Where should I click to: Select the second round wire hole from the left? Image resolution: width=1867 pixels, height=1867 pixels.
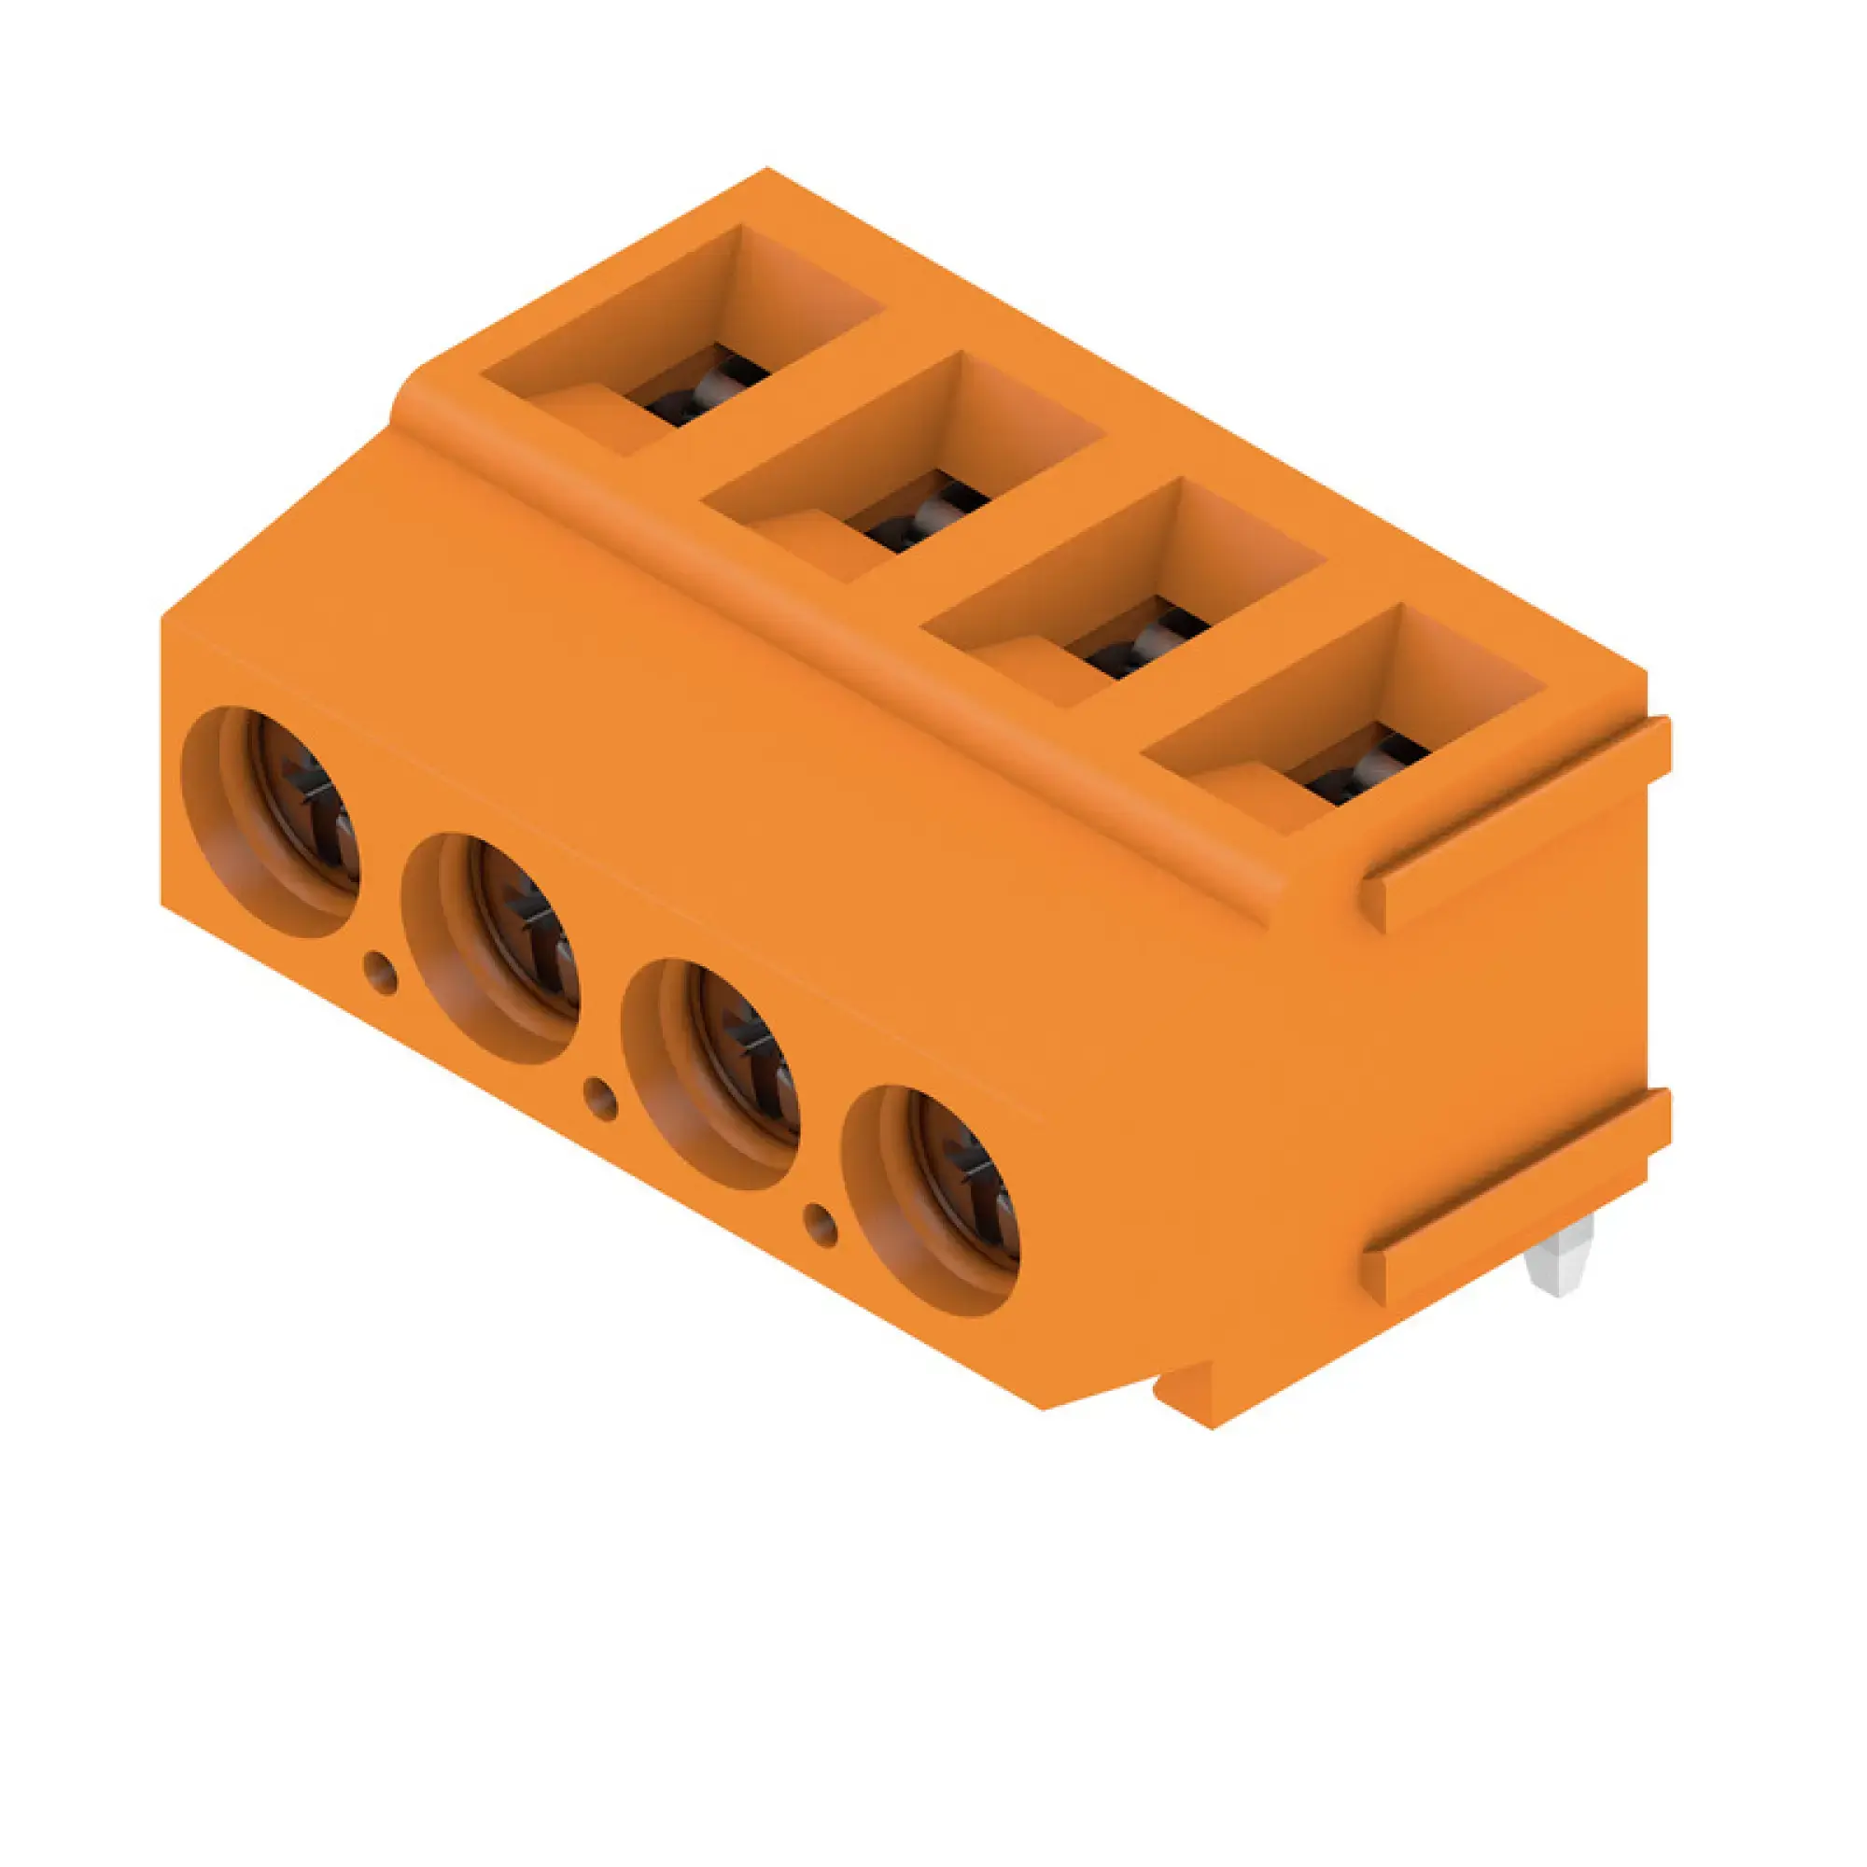492,948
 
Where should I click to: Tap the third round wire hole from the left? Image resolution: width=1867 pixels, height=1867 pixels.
712,1074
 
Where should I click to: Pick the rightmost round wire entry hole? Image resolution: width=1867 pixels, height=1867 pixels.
932,1200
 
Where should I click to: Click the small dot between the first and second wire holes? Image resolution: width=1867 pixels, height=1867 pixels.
381,973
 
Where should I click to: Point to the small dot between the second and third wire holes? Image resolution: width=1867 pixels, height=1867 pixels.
601,1099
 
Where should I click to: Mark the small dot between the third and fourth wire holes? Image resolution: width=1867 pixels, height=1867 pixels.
821,1226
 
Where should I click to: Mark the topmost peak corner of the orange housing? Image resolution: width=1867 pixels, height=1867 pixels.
767,170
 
